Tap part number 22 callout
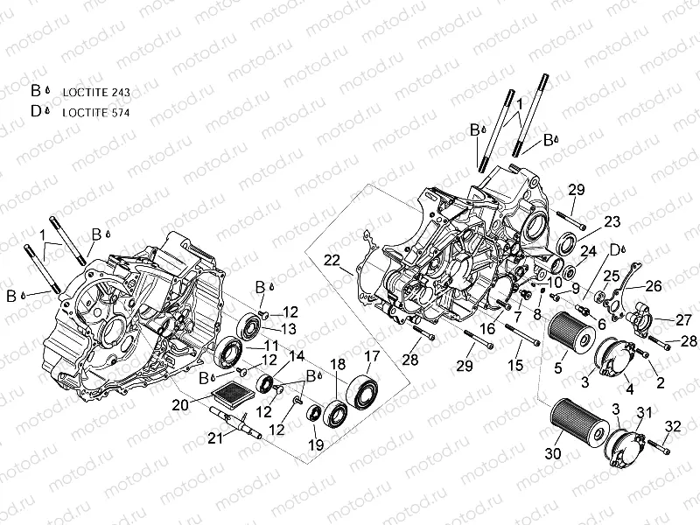click(332, 259)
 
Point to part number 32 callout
click(673, 426)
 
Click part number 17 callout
click(372, 356)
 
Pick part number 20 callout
click(179, 405)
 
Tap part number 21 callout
click(215, 438)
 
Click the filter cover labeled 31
click(629, 443)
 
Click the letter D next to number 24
click(613, 248)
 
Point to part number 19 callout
click(316, 445)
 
